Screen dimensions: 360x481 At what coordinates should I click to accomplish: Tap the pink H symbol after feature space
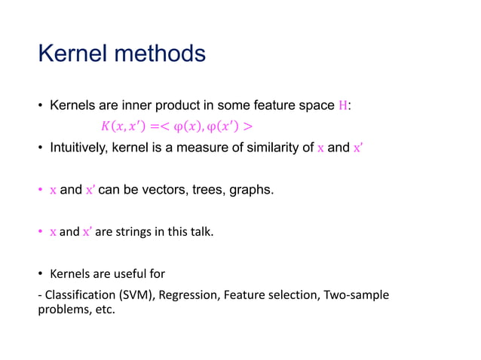coord(344,106)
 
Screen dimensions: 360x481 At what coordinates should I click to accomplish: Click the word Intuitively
coord(79,148)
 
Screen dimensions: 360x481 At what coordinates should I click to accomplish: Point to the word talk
coord(201,232)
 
